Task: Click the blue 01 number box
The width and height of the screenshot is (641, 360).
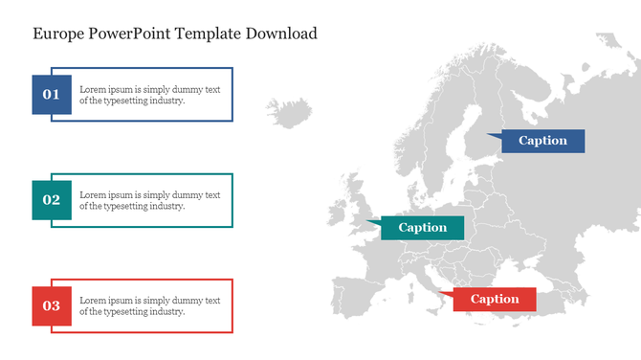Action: [x=52, y=95]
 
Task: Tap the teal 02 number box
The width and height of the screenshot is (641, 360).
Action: [x=52, y=200]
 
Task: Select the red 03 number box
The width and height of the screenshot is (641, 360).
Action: [x=52, y=305]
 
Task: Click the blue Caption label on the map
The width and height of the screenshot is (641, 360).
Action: [x=542, y=141]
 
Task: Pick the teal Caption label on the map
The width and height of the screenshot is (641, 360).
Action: [x=422, y=228]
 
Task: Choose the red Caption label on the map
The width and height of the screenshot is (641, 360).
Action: [x=495, y=299]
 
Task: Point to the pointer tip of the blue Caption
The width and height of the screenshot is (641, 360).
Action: [x=487, y=135]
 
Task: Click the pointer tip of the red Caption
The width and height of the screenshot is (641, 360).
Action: [x=437, y=293]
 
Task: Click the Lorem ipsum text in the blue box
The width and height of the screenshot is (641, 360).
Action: [x=149, y=94]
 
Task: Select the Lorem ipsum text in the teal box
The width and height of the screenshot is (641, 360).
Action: [x=149, y=200]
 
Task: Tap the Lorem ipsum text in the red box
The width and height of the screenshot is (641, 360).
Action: [x=149, y=305]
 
